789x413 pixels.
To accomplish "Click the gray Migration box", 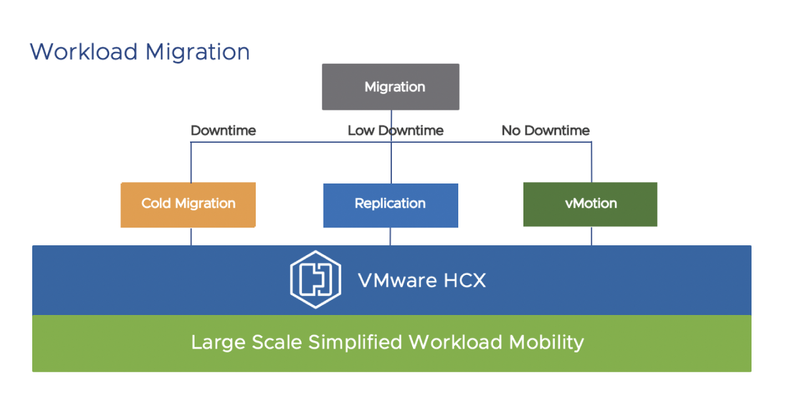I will coord(391,87).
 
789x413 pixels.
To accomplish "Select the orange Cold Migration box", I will coord(188,205).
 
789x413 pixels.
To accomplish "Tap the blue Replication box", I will coord(391,205).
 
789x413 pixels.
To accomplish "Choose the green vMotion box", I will coord(590,204).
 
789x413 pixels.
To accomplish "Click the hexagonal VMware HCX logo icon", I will coord(316,281).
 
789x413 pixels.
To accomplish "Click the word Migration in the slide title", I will coord(197,52).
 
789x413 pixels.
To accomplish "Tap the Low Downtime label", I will coord(395,131).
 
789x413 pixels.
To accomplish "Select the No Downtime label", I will coord(545,131).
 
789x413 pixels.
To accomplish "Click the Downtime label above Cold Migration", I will coord(223,131).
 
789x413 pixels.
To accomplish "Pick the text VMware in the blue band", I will coord(397,281).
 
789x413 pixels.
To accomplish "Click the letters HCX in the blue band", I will coord(464,281).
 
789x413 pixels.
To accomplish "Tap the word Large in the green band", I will coord(215,343).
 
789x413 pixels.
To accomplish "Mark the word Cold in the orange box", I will coord(156,203).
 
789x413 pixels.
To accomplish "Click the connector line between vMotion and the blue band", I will coord(591,236).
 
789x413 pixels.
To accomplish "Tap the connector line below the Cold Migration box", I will coord(191,237).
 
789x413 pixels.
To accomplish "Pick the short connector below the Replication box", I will coord(391,237).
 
